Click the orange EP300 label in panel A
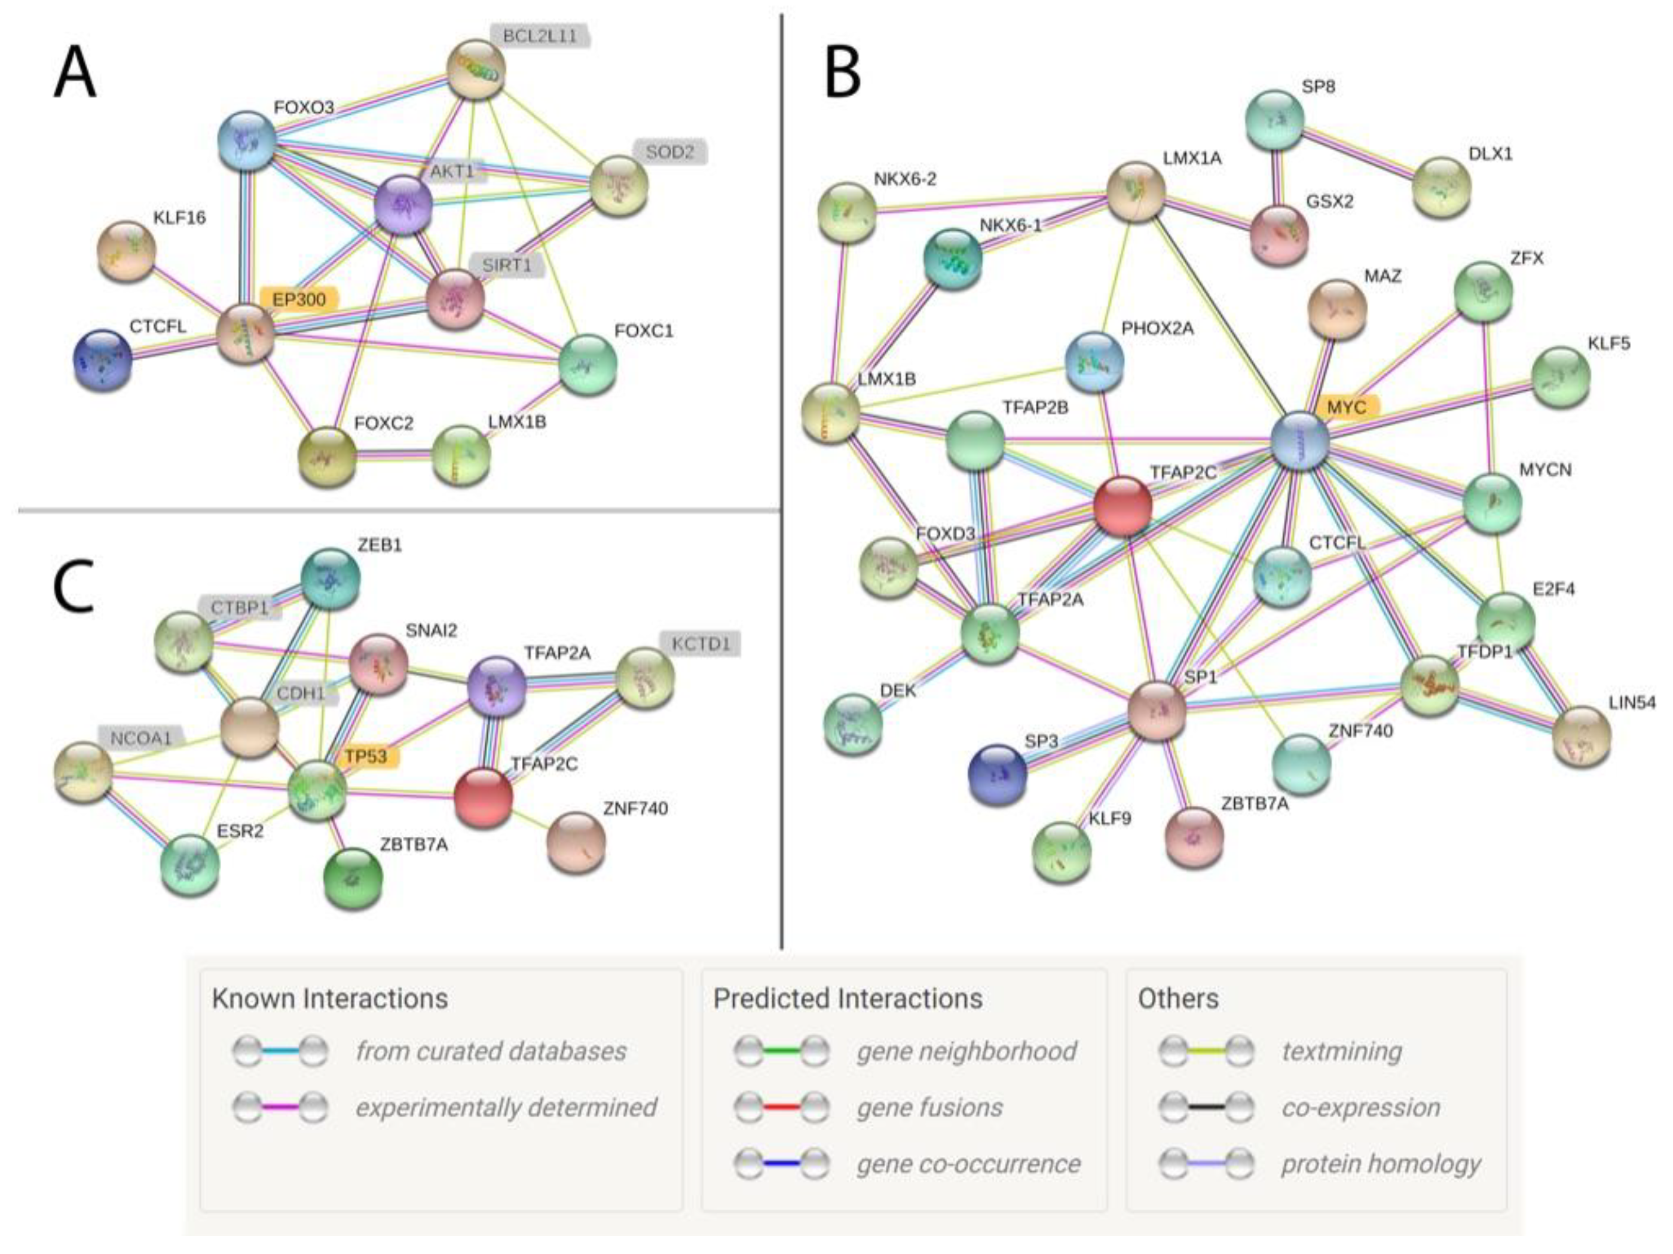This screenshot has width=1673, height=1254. (299, 299)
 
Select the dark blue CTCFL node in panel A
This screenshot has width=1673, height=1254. (103, 360)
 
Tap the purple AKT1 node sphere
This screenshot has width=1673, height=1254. (404, 205)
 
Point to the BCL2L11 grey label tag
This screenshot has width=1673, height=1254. (539, 35)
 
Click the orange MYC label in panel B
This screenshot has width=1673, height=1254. (1347, 407)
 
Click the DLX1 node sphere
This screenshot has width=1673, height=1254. (1442, 186)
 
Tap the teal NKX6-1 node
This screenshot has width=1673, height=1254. (953, 259)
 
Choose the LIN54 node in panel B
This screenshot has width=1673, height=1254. (1582, 736)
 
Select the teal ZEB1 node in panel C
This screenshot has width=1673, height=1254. (331, 579)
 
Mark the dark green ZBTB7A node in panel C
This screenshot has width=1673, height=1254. (353, 878)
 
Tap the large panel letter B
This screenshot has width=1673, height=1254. (842, 74)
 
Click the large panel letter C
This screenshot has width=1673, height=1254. (74, 586)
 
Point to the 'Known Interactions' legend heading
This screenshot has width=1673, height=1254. (330, 998)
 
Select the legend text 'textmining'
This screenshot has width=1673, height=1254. (1342, 1051)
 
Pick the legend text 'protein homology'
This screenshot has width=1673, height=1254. (1380, 1163)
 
